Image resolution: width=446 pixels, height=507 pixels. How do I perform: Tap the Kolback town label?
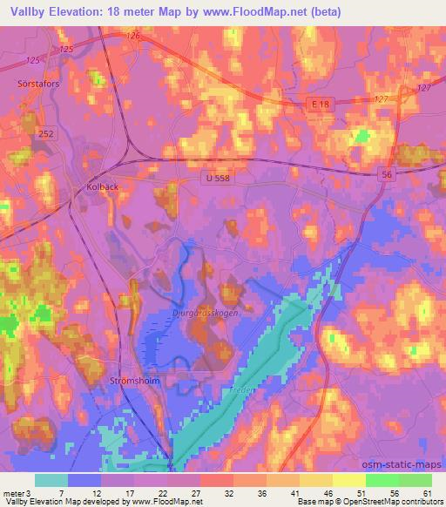(x=102, y=186)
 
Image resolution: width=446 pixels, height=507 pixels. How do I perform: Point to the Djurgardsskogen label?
(x=205, y=311)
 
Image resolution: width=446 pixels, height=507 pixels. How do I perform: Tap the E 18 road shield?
(x=321, y=104)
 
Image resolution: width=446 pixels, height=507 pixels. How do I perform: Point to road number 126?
(x=132, y=36)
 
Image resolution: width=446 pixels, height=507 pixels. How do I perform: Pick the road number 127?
(x=424, y=89)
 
